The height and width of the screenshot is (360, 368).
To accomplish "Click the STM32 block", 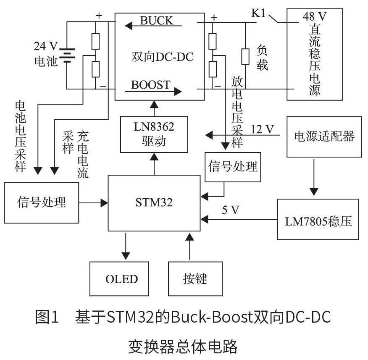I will tap(154, 203).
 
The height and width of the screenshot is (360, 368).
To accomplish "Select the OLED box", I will tap(121, 279).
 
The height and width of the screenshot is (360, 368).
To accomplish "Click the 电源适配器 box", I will tap(324, 136).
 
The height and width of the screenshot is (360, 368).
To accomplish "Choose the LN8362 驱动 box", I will tap(154, 134).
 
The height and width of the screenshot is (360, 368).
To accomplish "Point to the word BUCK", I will tap(156, 20).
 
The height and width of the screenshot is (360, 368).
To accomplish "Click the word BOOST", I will tap(151, 84).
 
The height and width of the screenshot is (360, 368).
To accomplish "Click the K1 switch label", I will tap(259, 13).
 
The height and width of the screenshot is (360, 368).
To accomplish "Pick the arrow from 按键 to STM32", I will tap(189, 248).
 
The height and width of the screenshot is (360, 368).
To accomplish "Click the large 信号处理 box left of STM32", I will tap(42, 202).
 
